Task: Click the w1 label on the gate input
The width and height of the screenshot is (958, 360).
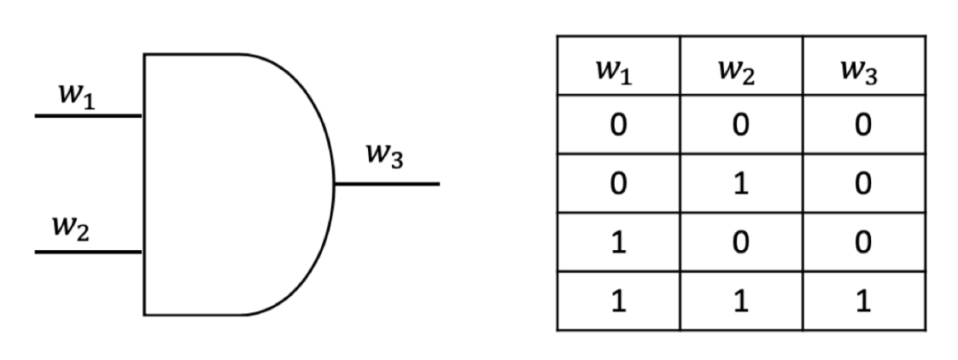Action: [x=76, y=97]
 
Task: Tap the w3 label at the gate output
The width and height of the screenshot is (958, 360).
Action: [x=384, y=155]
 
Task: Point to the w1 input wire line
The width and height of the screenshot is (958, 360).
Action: [x=89, y=115]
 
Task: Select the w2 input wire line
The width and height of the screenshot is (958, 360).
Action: [x=89, y=252]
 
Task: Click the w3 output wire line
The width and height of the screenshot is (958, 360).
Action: [x=387, y=184]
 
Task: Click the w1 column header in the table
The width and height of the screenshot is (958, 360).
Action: [x=615, y=71]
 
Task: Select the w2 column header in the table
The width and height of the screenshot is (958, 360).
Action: [x=737, y=71]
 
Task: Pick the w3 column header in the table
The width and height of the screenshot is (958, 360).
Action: [x=860, y=71]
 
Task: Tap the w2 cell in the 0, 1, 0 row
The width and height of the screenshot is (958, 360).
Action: [x=741, y=184]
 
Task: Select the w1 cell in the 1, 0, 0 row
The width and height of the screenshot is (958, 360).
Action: [x=618, y=243]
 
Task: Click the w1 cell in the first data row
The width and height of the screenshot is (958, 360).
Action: [x=618, y=125]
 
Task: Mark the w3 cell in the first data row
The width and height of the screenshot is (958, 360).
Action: [x=864, y=125]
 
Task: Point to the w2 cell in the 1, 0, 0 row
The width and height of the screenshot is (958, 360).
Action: [x=741, y=243]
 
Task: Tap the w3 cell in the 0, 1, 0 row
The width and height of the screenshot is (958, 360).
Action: [x=864, y=184]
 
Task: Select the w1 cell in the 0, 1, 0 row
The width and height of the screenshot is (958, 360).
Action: [x=618, y=184]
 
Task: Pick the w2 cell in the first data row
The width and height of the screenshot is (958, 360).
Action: [x=741, y=125]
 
